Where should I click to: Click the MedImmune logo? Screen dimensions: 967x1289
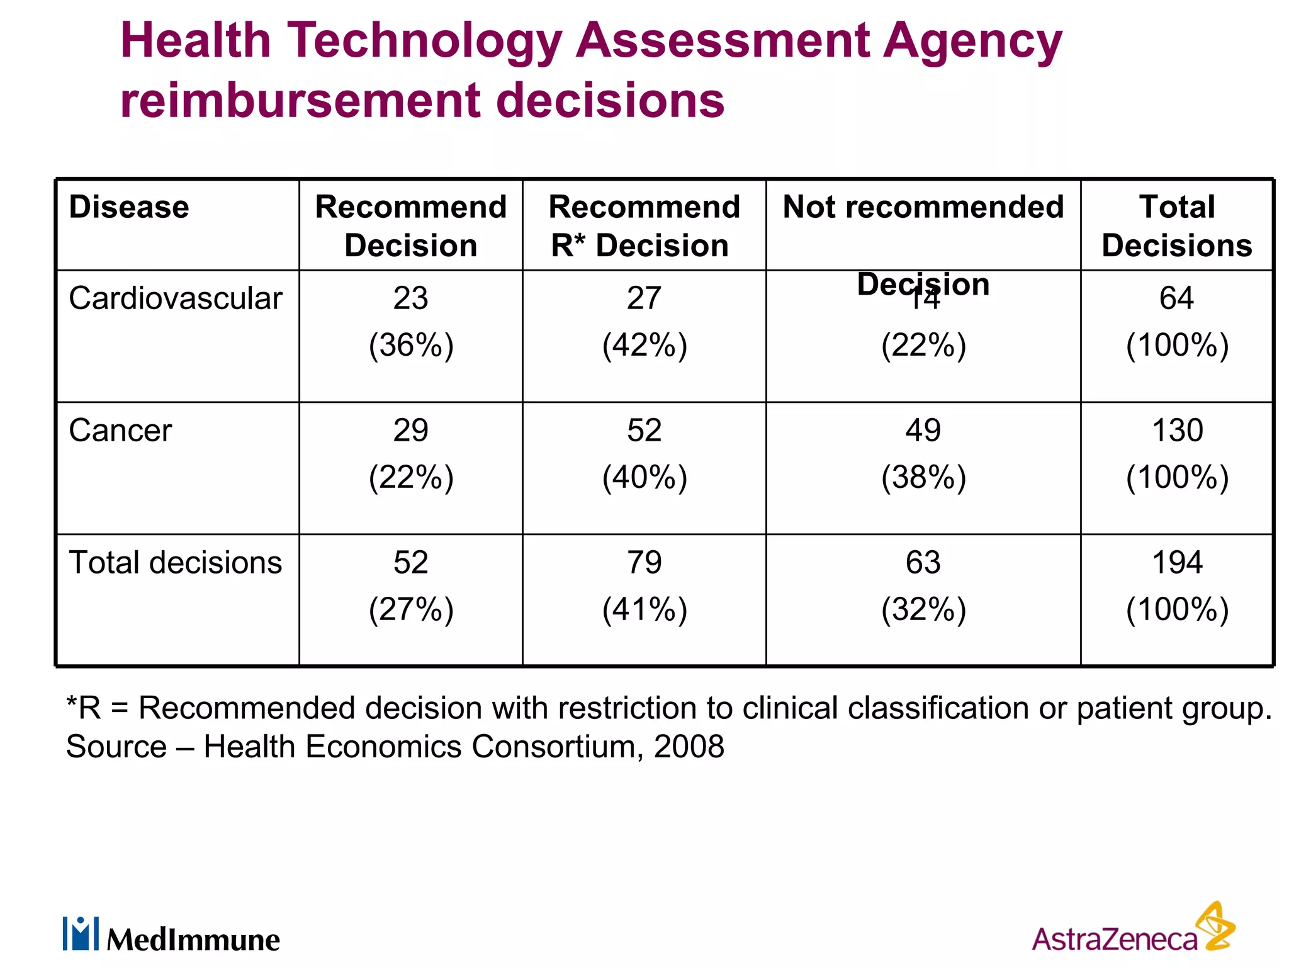(171, 935)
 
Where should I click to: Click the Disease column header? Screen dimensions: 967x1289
(129, 207)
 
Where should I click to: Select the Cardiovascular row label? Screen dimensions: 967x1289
(176, 298)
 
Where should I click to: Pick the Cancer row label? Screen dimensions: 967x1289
(120, 431)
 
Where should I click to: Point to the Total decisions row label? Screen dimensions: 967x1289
(176, 562)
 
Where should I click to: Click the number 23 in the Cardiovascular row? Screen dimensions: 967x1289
(410, 298)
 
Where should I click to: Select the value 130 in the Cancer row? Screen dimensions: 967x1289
(1177, 431)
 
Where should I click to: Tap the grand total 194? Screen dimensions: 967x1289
(1177, 562)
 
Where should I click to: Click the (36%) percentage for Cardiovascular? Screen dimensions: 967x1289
(411, 345)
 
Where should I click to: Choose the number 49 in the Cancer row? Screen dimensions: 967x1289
(923, 431)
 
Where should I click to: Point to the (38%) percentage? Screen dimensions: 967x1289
(923, 477)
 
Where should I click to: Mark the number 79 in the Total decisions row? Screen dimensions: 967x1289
(644, 562)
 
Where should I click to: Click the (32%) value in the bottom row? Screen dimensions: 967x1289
(923, 609)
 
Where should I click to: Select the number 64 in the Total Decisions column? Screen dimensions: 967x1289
(1176, 298)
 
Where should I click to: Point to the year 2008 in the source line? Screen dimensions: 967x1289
(689, 747)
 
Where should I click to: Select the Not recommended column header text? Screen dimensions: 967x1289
(923, 207)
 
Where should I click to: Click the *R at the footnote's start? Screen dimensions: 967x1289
(84, 708)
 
